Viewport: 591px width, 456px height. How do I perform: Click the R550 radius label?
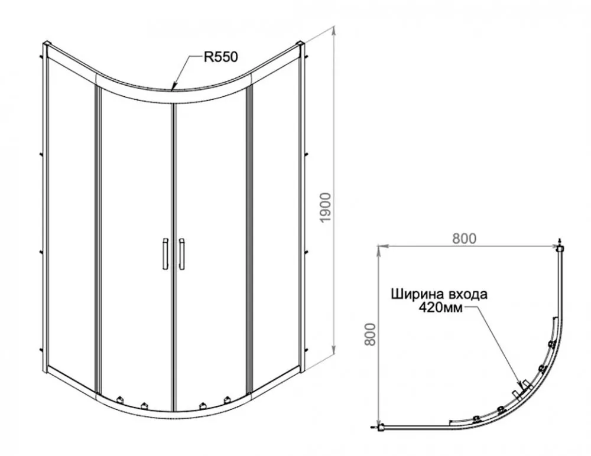221,57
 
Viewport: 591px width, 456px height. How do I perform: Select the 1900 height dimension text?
325,207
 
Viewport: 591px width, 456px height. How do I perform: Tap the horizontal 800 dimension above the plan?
465,239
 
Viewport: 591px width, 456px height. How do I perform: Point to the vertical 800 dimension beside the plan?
371,334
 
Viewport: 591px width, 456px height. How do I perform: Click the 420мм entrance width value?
440,308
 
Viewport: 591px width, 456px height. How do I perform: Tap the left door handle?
165,253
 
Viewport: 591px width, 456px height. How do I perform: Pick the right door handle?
181,253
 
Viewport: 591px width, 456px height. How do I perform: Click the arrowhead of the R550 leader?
173,87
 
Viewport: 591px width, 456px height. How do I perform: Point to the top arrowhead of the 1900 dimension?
333,30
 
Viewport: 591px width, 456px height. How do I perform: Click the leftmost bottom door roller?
120,399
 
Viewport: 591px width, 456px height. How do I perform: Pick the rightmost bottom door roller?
227,399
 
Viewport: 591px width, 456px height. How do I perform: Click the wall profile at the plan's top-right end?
560,248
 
